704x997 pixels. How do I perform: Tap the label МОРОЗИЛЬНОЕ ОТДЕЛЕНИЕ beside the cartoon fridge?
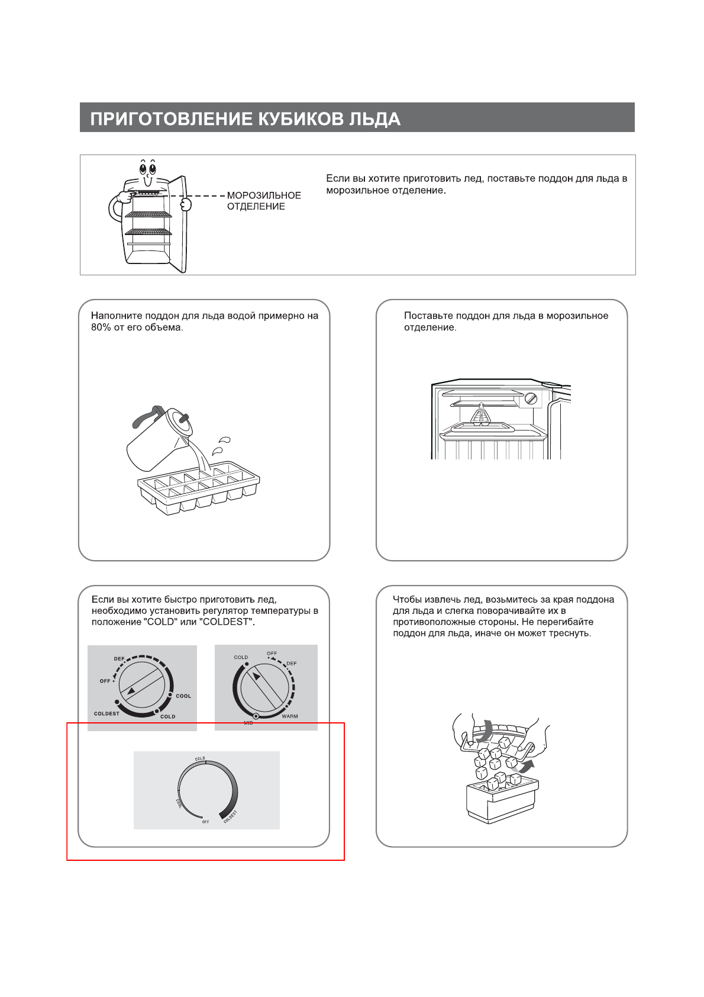click(x=264, y=201)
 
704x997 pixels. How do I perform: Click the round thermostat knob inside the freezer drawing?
click(x=532, y=398)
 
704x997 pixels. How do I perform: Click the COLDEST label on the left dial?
click(x=106, y=713)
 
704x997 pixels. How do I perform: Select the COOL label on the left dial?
click(x=183, y=696)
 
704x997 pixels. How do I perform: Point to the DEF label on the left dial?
click(x=120, y=659)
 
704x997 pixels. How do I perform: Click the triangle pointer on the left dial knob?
click(x=131, y=691)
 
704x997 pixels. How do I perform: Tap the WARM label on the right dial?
click(x=290, y=716)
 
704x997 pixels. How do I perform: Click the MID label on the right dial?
click(x=248, y=723)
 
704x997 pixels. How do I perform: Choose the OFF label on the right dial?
click(x=272, y=654)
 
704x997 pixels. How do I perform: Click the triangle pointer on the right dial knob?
click(x=256, y=677)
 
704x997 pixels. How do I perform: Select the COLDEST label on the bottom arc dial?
click(x=230, y=816)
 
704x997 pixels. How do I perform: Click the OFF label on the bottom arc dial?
click(x=205, y=822)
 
